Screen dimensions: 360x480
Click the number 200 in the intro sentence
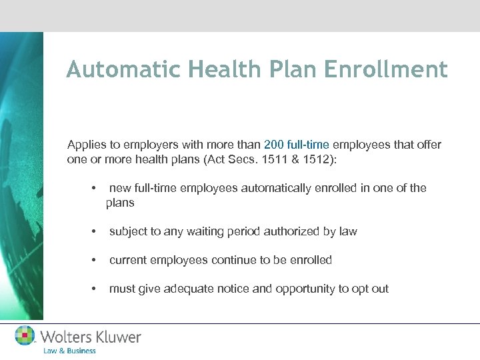pos(275,145)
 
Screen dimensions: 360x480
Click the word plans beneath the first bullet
pos(120,202)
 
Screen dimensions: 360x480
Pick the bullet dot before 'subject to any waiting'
pos(95,231)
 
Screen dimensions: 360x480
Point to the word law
pos(348,231)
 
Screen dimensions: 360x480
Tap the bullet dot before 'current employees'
pos(95,260)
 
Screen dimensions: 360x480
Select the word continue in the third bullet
pos(233,260)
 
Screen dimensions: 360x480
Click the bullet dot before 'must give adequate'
pos(95,289)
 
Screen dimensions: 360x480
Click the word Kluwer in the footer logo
pos(116,337)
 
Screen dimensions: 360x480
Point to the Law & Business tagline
pos(69,351)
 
